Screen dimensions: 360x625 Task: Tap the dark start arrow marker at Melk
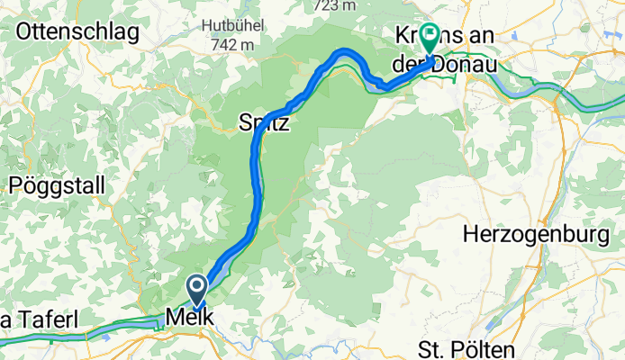coord(196,290)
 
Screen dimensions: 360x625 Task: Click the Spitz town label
coord(264,123)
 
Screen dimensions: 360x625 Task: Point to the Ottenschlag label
coord(77,33)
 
